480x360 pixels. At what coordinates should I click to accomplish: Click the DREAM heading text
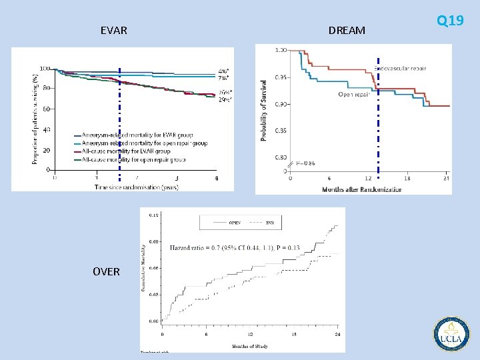point(347,31)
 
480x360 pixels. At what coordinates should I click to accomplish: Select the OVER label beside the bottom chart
point(107,271)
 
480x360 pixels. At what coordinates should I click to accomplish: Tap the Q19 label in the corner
point(450,21)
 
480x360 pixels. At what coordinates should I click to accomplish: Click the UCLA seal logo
point(451,334)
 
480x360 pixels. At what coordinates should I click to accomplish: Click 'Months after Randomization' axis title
point(362,189)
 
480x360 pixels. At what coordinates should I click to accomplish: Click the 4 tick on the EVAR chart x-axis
point(217,178)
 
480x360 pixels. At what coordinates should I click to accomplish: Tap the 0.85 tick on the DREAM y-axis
point(281,131)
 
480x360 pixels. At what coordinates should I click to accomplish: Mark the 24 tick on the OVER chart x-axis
point(338,335)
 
